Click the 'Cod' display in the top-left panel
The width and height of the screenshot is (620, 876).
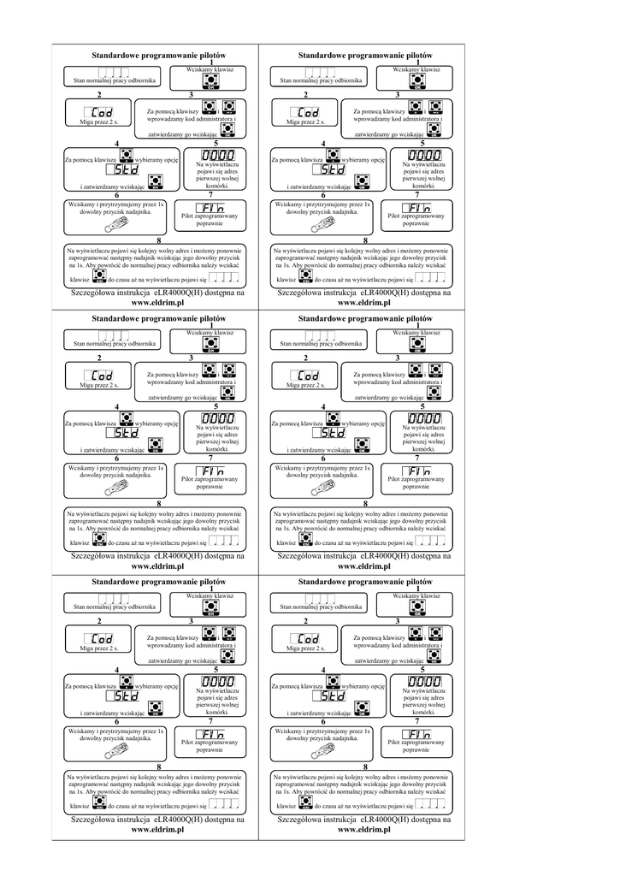100,113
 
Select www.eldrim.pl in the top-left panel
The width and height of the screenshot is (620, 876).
158,303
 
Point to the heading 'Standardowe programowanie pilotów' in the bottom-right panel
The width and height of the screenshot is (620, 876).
364,581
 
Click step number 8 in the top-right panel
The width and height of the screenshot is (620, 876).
365,240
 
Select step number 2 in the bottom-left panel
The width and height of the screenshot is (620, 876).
100,620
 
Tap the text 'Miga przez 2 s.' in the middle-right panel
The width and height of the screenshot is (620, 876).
304,386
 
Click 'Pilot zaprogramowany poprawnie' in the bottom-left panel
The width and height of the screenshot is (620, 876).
210,746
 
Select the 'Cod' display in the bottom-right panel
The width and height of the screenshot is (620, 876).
308,639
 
